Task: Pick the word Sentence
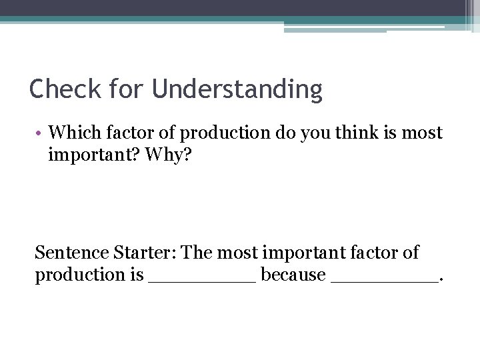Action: pos(69,253)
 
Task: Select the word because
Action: pos(293,275)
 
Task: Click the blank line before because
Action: pos(202,279)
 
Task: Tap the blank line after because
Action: pos(384,279)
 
